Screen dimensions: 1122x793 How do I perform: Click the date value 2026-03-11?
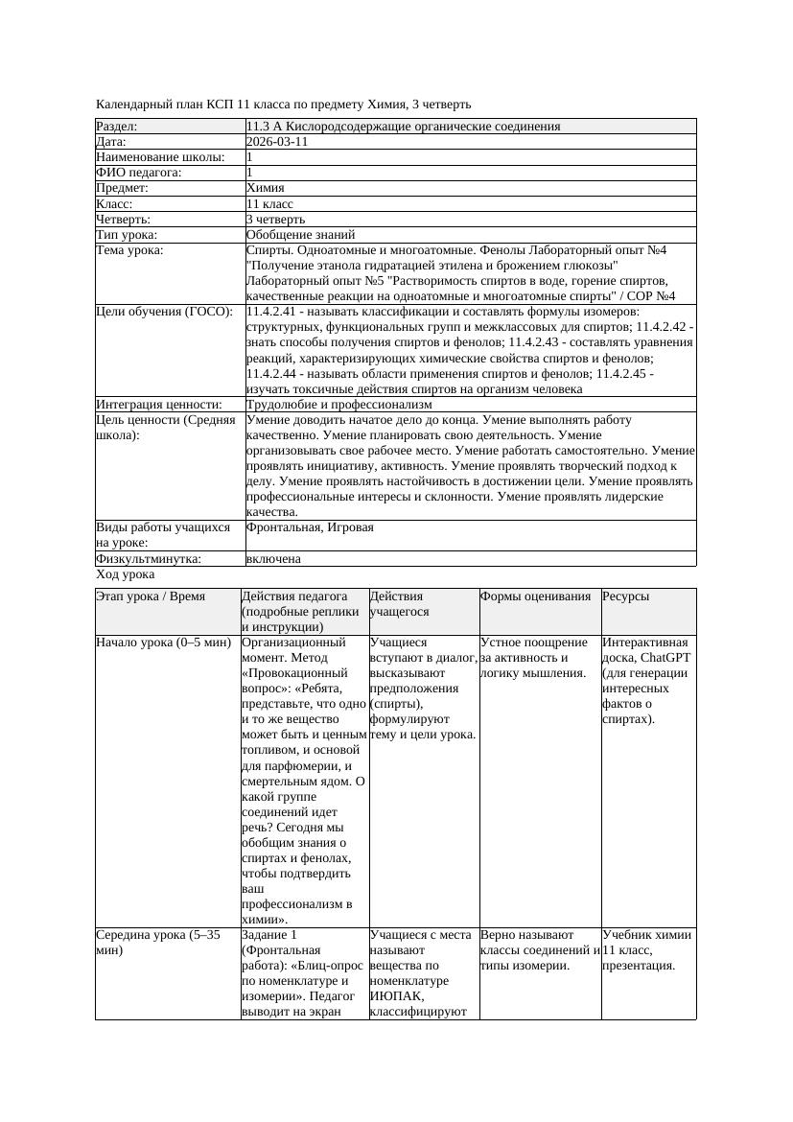pos(277,142)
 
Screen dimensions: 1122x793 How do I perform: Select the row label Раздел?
pos(117,127)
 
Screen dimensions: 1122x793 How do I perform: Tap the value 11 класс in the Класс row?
pos(269,204)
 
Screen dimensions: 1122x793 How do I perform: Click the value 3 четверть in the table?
pos(275,220)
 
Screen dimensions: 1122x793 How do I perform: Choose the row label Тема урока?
pos(129,250)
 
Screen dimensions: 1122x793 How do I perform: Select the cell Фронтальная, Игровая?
pos(310,527)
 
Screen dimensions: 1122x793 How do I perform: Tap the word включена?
pos(273,558)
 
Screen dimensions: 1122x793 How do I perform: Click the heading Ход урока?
pos(125,574)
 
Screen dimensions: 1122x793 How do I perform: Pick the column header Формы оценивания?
pos(535,596)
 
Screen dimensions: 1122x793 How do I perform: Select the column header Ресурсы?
pos(625,596)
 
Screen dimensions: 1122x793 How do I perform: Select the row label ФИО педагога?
pos(139,173)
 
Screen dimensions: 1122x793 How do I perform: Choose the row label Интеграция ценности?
pos(158,405)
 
